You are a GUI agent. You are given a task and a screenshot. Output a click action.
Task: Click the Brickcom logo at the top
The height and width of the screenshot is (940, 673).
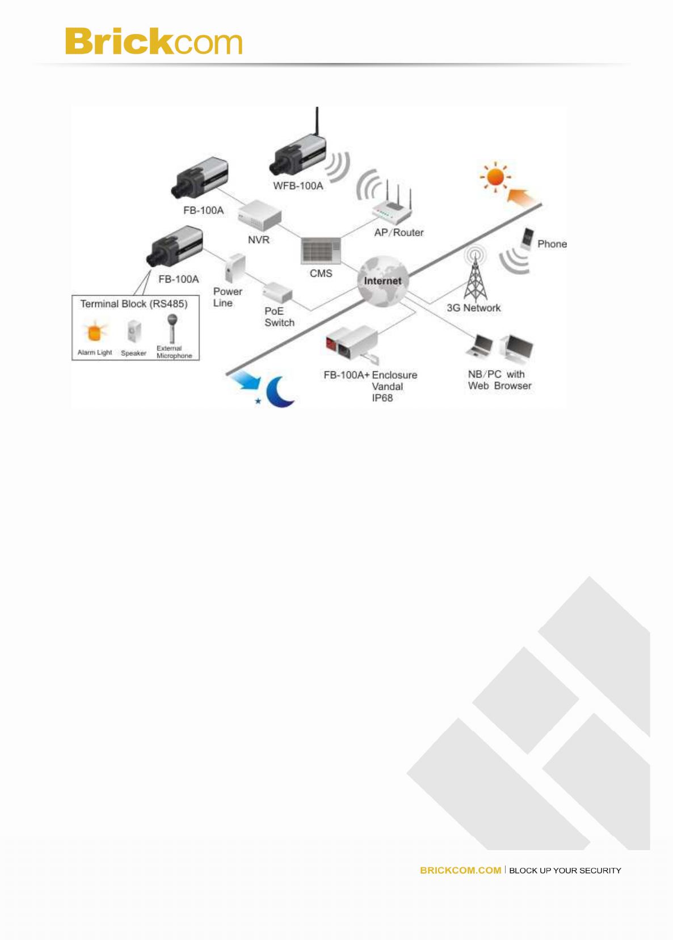pos(154,41)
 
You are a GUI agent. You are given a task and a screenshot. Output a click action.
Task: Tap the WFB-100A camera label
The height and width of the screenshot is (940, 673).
pos(298,186)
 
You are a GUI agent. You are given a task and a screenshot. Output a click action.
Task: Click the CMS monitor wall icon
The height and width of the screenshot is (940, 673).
pos(321,250)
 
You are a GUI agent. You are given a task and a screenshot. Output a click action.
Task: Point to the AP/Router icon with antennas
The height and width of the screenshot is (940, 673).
pos(392,207)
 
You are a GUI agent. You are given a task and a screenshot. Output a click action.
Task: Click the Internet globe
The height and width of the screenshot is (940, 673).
pos(382,281)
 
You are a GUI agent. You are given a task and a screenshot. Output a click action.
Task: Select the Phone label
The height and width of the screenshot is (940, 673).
pos(552,244)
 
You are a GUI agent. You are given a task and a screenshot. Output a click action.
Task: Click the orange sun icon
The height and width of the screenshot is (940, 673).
pos(495,177)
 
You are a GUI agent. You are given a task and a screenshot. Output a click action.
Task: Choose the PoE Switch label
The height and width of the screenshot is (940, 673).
pos(279,317)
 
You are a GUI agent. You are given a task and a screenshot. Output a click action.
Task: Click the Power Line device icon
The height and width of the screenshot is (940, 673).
pos(235,268)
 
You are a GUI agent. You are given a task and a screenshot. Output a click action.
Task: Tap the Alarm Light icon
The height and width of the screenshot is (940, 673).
pos(95,331)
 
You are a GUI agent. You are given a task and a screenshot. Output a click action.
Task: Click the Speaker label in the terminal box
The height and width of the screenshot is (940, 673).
pos(133,353)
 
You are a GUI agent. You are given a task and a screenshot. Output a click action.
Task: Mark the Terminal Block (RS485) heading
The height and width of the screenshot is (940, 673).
pos(134,304)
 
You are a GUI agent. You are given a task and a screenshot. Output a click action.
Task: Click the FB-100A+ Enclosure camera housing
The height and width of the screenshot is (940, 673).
pos(352,343)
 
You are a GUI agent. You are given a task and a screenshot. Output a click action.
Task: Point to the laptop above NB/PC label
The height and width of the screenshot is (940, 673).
pos(480,346)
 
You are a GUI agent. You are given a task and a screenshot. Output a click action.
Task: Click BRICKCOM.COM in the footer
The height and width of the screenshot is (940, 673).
pos(460,870)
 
